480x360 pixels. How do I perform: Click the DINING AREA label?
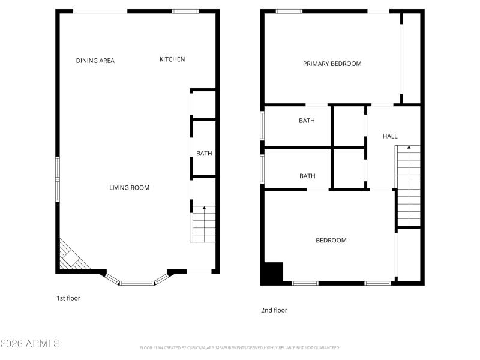[95, 61]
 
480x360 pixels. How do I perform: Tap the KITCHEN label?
[172, 59]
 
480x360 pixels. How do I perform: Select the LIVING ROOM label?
[129, 188]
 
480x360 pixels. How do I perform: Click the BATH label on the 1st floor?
[204, 154]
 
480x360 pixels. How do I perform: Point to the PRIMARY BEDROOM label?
[332, 64]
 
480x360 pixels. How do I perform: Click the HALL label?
[390, 136]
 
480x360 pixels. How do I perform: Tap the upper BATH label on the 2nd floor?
[307, 121]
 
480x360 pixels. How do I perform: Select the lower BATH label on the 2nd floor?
[307, 176]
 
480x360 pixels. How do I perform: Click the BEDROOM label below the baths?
[331, 241]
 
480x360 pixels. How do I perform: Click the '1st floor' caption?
[68, 298]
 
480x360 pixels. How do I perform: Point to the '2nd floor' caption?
[274, 310]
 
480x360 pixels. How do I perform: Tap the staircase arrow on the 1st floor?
[204, 209]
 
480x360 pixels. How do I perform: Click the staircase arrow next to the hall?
[409, 148]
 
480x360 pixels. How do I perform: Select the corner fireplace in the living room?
[73, 257]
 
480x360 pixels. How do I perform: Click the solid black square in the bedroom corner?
[273, 273]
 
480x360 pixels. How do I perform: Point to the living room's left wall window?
[58, 178]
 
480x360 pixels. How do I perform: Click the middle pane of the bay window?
[137, 282]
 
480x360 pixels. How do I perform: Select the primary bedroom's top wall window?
[289, 11]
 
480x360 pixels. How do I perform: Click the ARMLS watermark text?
[30, 344]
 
